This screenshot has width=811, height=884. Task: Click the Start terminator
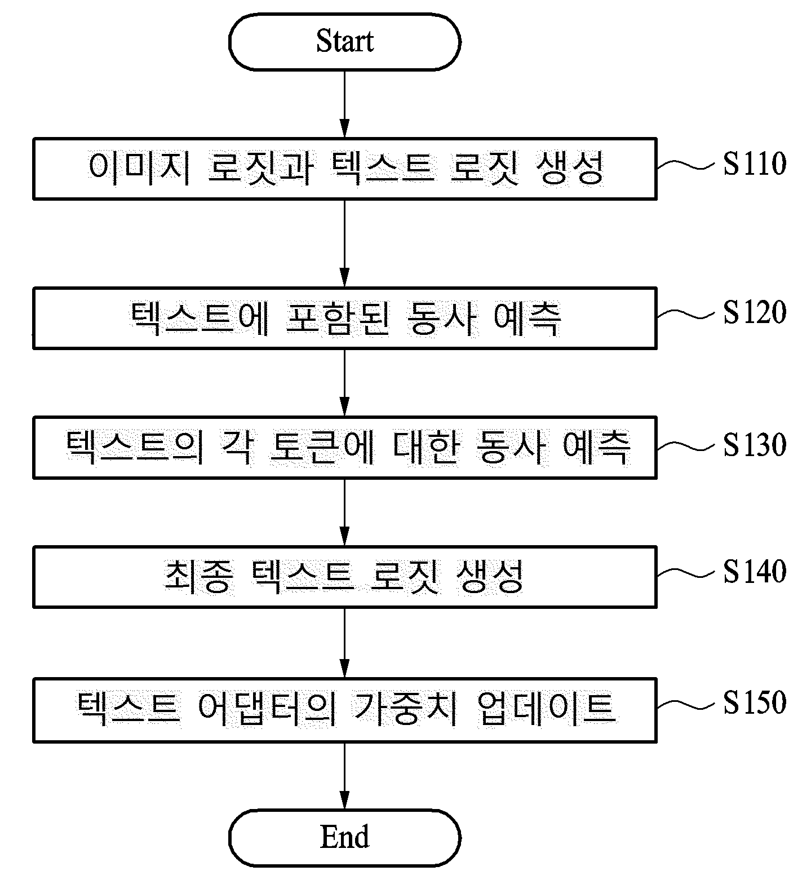click(x=344, y=42)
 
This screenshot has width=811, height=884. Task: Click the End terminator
click(x=344, y=837)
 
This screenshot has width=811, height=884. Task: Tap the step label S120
click(x=755, y=313)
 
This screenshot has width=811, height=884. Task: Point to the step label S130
click(x=755, y=445)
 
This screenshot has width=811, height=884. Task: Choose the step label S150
click(x=755, y=703)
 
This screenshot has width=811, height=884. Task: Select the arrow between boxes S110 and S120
click(x=344, y=244)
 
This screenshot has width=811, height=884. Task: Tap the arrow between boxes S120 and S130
click(x=344, y=383)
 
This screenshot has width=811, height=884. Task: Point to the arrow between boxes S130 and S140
click(x=344, y=512)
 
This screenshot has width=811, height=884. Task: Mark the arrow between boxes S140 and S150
click(x=344, y=643)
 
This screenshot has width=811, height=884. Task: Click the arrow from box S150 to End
click(x=344, y=775)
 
